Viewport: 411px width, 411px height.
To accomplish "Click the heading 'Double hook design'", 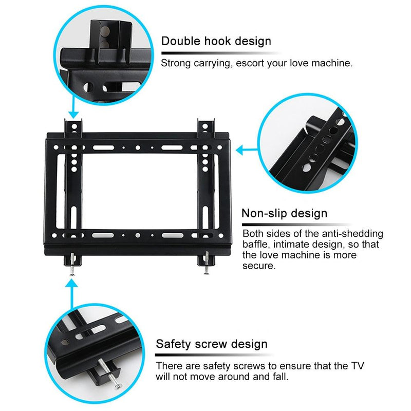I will (216, 41).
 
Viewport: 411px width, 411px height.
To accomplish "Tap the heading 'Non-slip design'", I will (284, 213).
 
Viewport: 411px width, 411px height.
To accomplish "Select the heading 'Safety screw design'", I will (212, 344).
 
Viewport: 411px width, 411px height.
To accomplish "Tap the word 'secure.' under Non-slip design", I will (259, 267).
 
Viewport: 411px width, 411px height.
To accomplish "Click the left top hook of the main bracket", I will (73, 126).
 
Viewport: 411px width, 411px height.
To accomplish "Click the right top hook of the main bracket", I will (207, 126).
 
